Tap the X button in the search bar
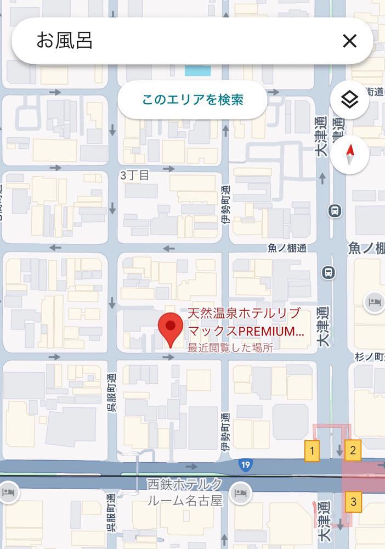coord(349,41)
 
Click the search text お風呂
coord(64,41)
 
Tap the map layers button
coord(349,100)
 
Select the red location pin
coord(171,328)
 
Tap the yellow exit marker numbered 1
coord(312,451)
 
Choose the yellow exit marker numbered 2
coord(353,451)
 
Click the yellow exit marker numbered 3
coord(353,501)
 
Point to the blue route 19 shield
coord(245,466)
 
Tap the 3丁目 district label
coord(134,175)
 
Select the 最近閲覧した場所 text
coord(230,348)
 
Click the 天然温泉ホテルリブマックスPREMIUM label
coord(245,323)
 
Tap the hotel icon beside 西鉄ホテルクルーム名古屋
coord(240,492)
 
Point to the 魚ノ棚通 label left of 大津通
coord(287,248)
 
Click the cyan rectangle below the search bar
coord(194,70)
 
